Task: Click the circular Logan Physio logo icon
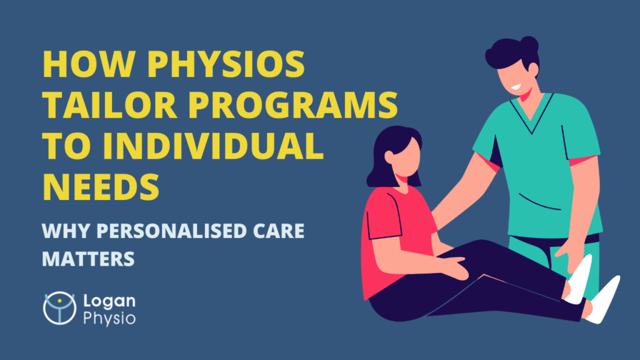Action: click(59, 308)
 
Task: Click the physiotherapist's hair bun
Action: click(528, 45)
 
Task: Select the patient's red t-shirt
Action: click(396, 225)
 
